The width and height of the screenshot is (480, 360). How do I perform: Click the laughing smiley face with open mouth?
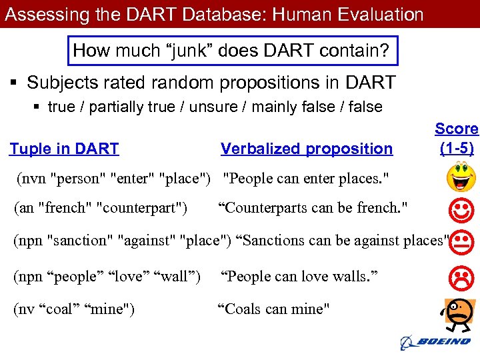coord(461,177)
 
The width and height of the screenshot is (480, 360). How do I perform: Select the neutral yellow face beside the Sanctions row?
coord(463,242)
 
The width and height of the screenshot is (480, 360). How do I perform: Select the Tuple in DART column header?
coord(64,149)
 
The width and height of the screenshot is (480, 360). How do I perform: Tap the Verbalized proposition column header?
coord(307,149)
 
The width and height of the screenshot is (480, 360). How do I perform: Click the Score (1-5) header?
coord(457,138)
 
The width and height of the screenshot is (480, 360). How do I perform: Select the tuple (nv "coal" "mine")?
coord(74,309)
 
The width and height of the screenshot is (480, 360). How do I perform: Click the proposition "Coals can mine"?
coord(274,309)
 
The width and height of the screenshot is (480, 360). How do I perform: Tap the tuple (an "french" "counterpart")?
coord(101,207)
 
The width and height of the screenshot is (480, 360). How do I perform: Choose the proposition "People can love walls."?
coord(299,275)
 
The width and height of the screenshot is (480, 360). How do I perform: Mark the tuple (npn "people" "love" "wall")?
coord(107,275)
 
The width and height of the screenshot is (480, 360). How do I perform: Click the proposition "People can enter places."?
coord(305,178)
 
